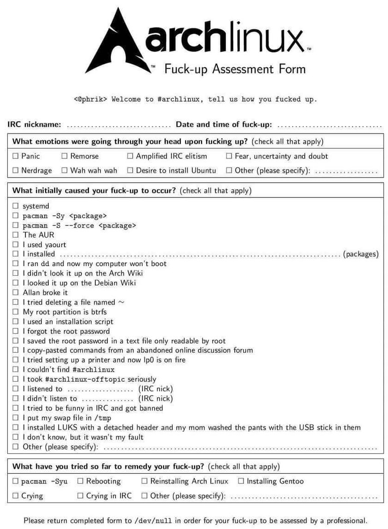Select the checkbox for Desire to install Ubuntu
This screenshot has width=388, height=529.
point(130,170)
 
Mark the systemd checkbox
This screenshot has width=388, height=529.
point(16,206)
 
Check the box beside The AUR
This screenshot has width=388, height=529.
point(16,235)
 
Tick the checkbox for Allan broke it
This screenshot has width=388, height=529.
point(16,292)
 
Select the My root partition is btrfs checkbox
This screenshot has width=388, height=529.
point(16,312)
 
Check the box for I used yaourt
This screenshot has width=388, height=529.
point(16,244)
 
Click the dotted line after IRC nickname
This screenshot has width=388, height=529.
point(119,125)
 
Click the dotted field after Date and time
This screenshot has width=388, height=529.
point(329,125)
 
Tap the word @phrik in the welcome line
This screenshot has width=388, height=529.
point(93,99)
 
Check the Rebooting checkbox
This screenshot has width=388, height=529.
point(81,481)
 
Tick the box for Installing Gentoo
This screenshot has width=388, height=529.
point(241,481)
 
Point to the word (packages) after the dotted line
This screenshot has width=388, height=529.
point(361,254)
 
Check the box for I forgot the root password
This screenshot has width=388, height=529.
point(16,331)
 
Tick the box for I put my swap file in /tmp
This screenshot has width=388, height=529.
point(16,418)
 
